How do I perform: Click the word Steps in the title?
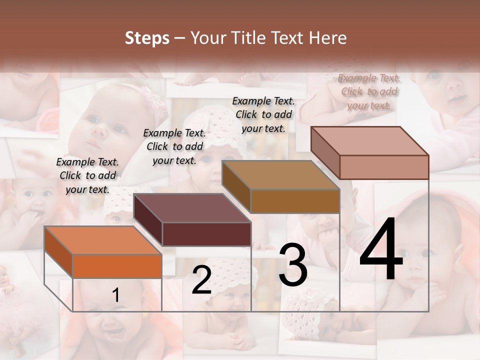pyautogui.click(x=147, y=38)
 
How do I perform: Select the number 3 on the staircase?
pyautogui.click(x=293, y=265)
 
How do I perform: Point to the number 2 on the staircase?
pyautogui.click(x=201, y=280)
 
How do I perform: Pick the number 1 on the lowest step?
pyautogui.click(x=115, y=295)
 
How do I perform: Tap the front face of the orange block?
pyautogui.click(x=117, y=266)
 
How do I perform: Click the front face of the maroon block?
pyautogui.click(x=206, y=234)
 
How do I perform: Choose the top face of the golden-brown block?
pyautogui.click(x=280, y=175)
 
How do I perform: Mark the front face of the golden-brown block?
pyautogui.click(x=294, y=201)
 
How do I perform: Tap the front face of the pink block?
pyautogui.click(x=383, y=167)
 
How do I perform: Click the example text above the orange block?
pyautogui.click(x=87, y=175)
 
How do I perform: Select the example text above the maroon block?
pyautogui.click(x=174, y=146)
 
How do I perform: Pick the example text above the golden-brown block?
pyautogui.click(x=263, y=114)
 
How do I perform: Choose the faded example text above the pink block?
pyautogui.click(x=369, y=91)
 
